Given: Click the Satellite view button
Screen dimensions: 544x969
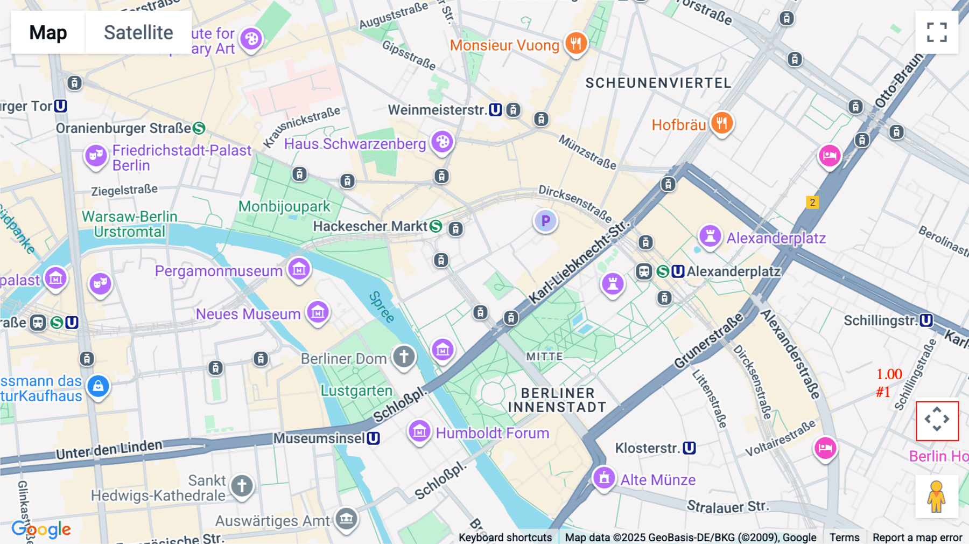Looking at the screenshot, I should (x=138, y=32).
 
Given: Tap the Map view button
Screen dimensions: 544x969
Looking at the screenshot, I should (x=48, y=32).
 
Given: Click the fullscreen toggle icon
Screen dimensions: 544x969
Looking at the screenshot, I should (x=937, y=32).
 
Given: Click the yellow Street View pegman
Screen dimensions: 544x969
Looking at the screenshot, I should (x=937, y=496).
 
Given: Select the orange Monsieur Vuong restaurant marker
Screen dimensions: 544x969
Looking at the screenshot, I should (x=576, y=43).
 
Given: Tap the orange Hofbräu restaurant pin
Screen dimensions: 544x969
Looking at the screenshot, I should (x=722, y=123).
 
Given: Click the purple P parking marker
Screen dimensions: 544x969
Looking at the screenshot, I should (x=545, y=221).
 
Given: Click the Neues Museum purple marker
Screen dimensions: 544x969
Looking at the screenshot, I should (x=318, y=312).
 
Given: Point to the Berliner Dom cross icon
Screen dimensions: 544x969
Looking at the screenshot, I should (x=404, y=356).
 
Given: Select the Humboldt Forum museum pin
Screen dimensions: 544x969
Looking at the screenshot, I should (x=419, y=431).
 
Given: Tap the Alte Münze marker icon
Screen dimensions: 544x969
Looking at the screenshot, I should (x=603, y=477).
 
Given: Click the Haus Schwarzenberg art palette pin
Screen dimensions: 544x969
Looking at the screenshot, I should (x=442, y=142).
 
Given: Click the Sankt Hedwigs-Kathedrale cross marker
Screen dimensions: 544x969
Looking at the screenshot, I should (x=242, y=486).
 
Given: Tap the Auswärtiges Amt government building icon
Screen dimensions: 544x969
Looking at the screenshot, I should (x=346, y=519).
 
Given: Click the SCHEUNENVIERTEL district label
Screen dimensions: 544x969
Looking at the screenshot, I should (x=658, y=83).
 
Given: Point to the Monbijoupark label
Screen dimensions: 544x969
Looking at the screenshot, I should (x=284, y=206).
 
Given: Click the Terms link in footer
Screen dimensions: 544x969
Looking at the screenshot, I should (x=844, y=537).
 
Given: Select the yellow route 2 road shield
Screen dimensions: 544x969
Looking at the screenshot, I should (x=812, y=203).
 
